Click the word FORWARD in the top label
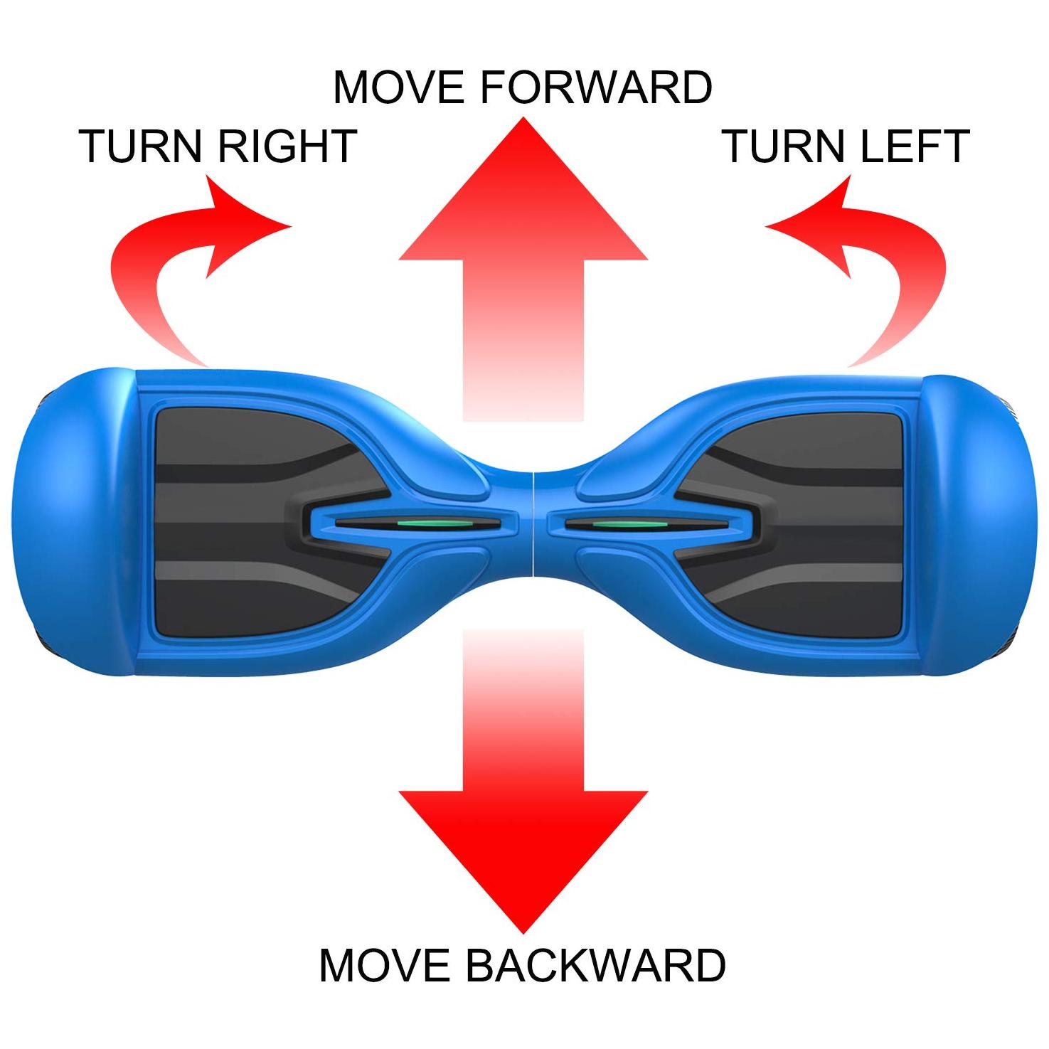coord(596,87)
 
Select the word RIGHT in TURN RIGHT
coord(287,146)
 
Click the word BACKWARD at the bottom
coord(595,965)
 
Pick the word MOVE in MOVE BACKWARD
coord(385,965)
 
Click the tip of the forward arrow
coord(523,117)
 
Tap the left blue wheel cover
coord(71,523)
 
